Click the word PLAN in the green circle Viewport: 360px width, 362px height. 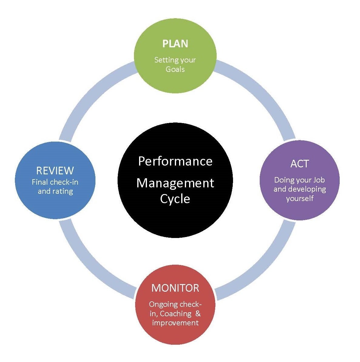(175, 44)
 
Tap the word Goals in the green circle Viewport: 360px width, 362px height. (175, 69)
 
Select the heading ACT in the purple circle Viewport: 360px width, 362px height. (299, 164)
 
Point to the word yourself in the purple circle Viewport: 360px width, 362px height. (300, 198)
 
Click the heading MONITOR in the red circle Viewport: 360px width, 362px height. (175, 288)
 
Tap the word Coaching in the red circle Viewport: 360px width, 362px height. (175, 313)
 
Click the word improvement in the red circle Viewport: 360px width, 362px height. (175, 323)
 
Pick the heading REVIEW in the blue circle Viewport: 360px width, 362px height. (55, 170)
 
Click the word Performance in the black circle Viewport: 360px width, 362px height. (175, 161)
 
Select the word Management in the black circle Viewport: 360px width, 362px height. (175, 183)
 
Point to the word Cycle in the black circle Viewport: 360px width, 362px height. (175, 199)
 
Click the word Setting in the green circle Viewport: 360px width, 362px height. (164, 60)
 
